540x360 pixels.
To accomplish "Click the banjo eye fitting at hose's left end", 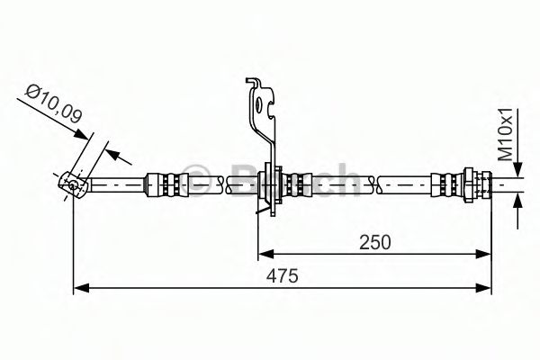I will click(x=70, y=184).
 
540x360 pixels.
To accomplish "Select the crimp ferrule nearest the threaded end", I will click(x=445, y=183).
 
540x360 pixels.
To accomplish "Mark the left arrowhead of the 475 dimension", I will click(x=79, y=288).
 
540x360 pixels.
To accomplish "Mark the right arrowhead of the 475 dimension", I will click(x=485, y=288).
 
